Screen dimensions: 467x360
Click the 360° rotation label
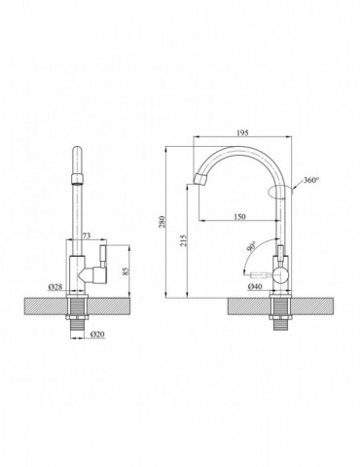tap(310, 181)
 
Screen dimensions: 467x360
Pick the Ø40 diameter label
tap(256, 289)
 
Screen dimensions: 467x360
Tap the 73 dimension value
tap(86, 236)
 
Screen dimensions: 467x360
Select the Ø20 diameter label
tap(97, 335)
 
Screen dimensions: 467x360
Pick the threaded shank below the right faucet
tap(282, 316)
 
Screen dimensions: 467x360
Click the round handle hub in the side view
tap(282, 274)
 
